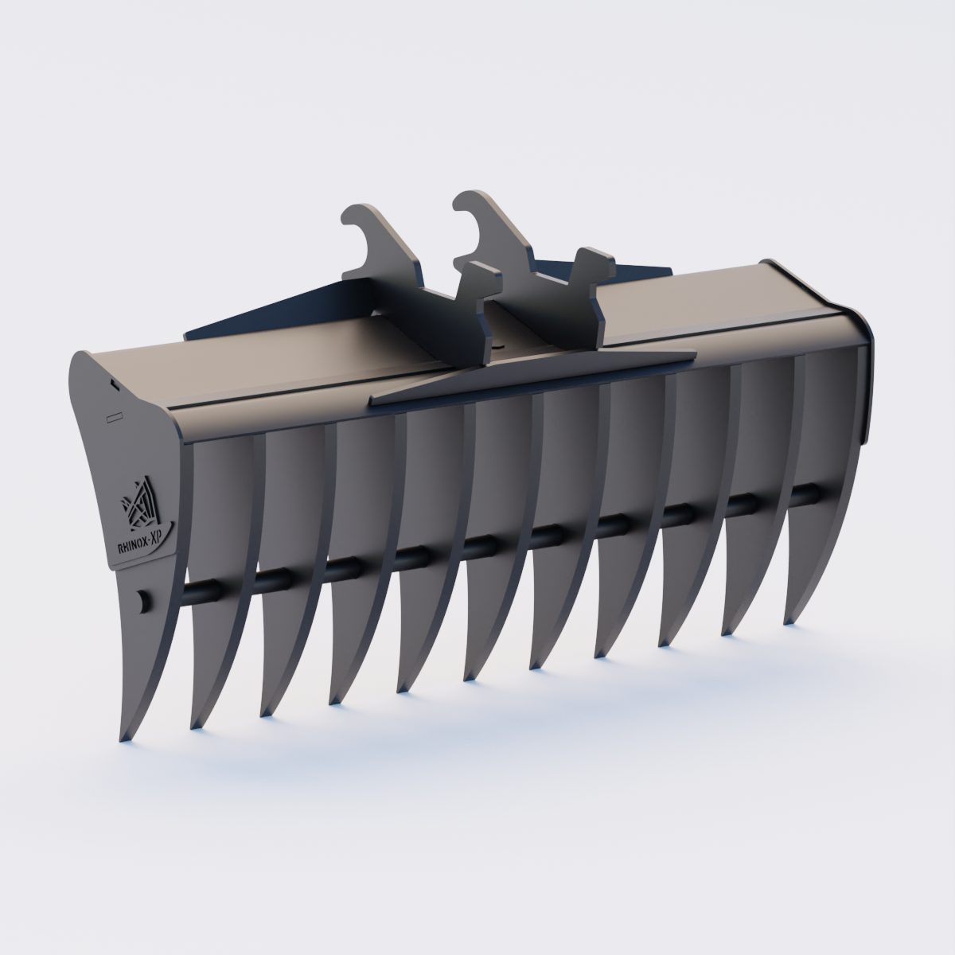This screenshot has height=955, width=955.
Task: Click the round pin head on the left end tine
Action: click(x=142, y=601)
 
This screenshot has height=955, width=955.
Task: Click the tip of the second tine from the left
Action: click(x=193, y=726)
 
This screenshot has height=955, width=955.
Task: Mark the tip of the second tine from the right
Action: click(x=726, y=632)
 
